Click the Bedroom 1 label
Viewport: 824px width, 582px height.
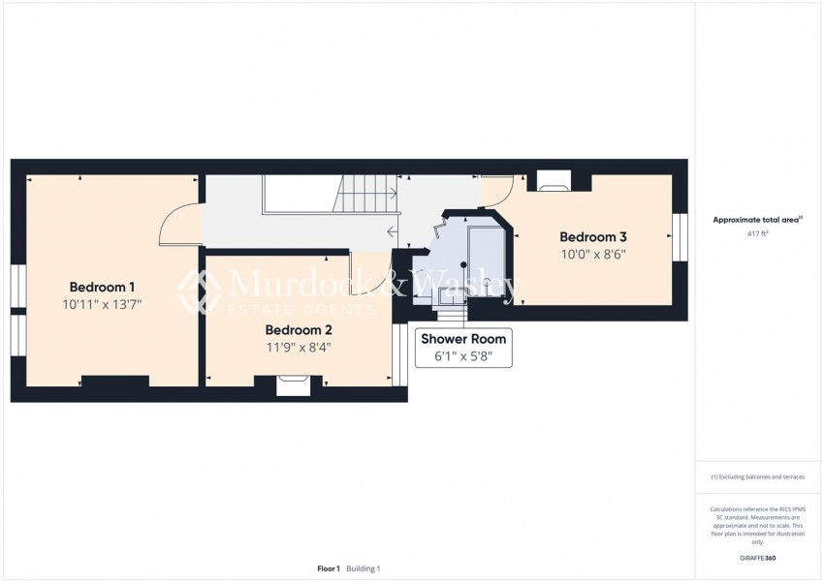tap(102, 287)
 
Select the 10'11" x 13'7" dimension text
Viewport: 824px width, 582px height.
tap(102, 305)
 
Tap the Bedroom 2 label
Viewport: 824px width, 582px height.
tap(299, 329)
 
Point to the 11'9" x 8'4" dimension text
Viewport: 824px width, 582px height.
tap(299, 348)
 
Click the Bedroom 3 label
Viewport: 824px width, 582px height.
tap(592, 237)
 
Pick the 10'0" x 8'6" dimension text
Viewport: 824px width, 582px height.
tap(592, 256)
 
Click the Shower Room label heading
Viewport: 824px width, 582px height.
tap(462, 339)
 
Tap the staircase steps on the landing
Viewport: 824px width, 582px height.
tap(366, 194)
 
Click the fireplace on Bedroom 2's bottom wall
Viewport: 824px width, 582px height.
tap(293, 386)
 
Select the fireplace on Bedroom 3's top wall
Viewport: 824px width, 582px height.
tap(554, 180)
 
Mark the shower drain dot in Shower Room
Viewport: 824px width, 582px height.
tap(463, 264)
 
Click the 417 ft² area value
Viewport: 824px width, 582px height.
tap(757, 234)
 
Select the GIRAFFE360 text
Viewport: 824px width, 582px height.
tap(757, 559)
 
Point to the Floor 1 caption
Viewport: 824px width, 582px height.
tap(329, 568)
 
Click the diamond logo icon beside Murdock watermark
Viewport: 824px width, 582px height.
tap(199, 291)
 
